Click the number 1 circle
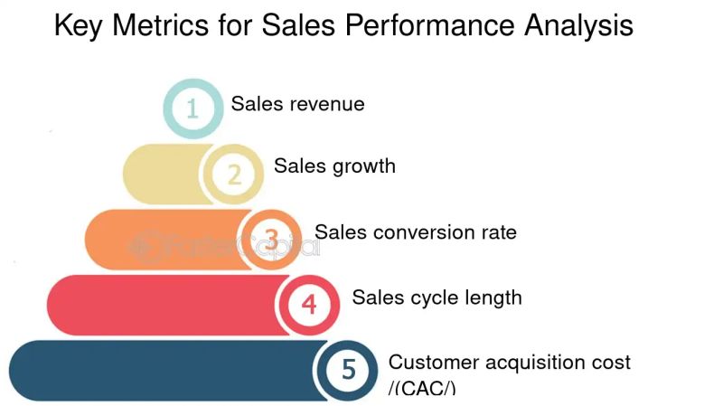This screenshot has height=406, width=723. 192,109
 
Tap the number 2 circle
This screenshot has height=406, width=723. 233,174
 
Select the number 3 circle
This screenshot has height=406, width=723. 272,239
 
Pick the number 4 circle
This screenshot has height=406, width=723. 309,304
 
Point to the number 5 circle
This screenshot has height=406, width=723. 349,369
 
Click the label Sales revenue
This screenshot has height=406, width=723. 297,104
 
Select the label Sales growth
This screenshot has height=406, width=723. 334,166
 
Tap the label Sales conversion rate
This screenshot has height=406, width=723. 415,232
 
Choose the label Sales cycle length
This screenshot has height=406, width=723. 437,297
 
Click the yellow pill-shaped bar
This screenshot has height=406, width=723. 163,174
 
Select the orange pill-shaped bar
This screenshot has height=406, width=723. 167,239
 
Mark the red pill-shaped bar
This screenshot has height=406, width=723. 163,304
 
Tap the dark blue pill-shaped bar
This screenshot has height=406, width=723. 163,369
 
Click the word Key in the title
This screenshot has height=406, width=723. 79,25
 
